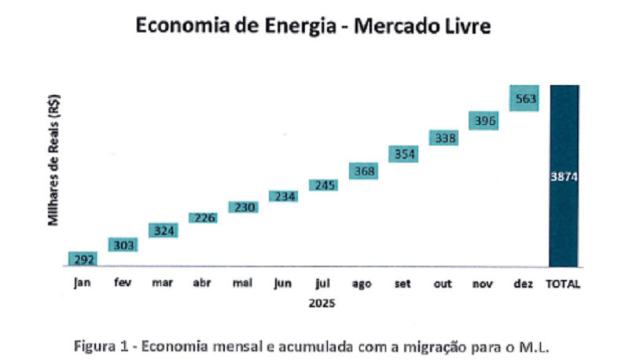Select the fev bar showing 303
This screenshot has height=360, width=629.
tap(123, 244)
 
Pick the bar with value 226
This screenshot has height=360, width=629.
tap(203, 217)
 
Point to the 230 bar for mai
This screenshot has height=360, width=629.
tap(243, 207)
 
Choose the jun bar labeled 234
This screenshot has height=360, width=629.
tap(284, 197)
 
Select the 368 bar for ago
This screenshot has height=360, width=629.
tap(363, 171)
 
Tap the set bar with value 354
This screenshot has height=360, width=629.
tap(403, 154)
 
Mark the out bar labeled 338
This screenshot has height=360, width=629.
tap(443, 138)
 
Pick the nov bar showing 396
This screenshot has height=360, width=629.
tap(484, 120)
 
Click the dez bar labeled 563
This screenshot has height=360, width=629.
tap(524, 98)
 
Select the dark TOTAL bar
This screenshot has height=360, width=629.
tap(564, 220)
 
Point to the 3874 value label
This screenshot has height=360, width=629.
tap(564, 177)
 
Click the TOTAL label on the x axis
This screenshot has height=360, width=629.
tap(564, 284)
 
